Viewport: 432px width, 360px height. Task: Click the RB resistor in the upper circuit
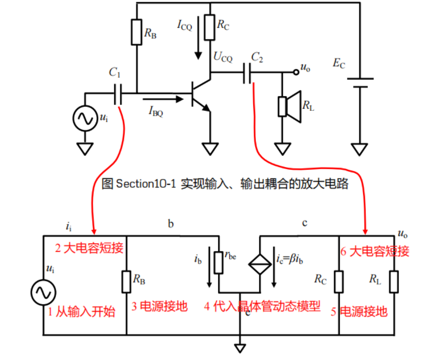pos(137,32)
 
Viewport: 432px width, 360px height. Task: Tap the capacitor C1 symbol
pos(117,93)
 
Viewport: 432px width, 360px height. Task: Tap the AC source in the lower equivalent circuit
pos(43,292)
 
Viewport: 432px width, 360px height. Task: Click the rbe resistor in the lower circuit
pos(218,262)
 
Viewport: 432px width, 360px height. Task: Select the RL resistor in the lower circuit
pos(394,281)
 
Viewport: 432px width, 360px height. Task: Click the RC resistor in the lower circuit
pos(338,281)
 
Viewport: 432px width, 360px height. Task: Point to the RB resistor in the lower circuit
pos(126,281)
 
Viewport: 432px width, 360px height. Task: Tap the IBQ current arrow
pos(162,99)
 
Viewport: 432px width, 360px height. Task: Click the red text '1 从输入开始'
pos(82,312)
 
